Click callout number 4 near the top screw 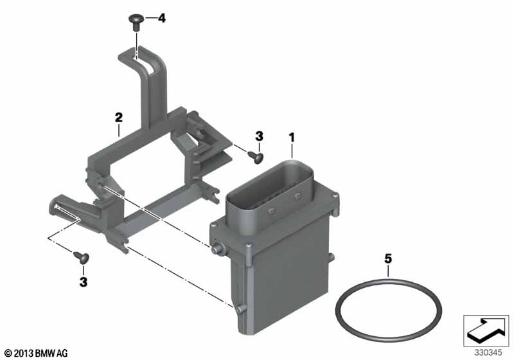pos(162,18)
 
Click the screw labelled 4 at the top pos(136,22)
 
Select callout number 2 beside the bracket pos(119,117)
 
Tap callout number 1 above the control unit pos(292,138)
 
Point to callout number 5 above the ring pos(388,258)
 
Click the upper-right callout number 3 pos(259,136)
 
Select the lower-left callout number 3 pos(84,282)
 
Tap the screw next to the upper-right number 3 pos(256,157)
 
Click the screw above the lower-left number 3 pos(82,257)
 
